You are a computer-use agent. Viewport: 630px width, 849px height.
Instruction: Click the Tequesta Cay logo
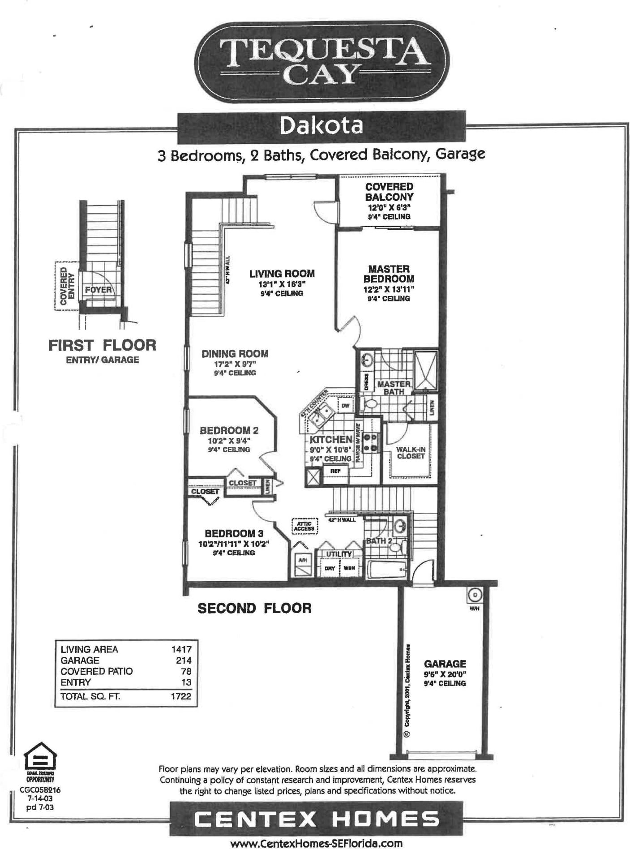point(321,61)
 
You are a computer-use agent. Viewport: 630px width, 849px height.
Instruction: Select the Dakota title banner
point(321,126)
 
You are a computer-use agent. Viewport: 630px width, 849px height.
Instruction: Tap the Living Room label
point(282,274)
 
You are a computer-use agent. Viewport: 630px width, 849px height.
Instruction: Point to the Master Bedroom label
point(389,274)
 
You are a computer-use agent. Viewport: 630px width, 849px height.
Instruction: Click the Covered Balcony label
point(389,192)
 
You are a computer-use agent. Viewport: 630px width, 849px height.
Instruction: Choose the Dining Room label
point(235,354)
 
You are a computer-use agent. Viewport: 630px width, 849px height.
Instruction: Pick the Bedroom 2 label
point(229,430)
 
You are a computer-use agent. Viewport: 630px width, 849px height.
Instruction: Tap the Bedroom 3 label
point(234,533)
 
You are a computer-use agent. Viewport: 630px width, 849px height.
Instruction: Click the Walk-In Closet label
point(410,453)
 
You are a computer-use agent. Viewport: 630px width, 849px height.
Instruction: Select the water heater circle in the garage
point(474,595)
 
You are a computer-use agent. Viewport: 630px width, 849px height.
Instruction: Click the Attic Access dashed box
point(304,526)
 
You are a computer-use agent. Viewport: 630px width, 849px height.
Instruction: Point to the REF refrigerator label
point(335,471)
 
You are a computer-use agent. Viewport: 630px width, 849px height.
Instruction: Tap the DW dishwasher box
point(345,406)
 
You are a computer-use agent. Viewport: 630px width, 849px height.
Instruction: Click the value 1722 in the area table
point(181,696)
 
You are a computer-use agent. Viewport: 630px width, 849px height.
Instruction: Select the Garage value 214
point(184,660)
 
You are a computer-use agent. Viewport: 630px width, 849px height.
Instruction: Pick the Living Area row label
point(90,649)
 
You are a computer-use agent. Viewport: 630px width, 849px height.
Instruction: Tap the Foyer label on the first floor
point(98,290)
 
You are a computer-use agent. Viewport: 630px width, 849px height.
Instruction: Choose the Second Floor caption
point(254,608)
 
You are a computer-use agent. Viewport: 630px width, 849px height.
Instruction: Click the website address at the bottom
point(316,844)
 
